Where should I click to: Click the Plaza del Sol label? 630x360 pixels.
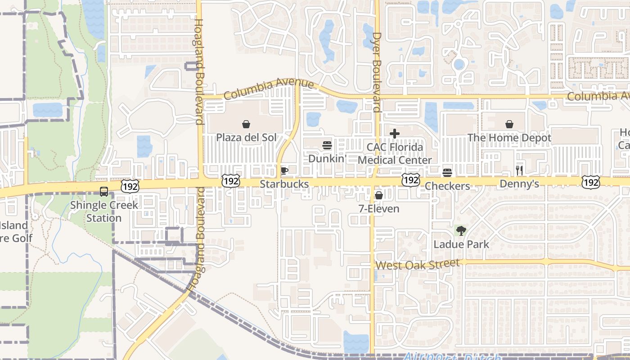[x=246, y=137]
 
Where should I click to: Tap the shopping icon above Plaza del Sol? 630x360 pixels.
[x=246, y=124]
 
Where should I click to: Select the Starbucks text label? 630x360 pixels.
[x=284, y=184]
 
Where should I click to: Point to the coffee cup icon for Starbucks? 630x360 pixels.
[x=284, y=171]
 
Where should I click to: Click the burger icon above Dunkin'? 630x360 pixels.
[x=327, y=145]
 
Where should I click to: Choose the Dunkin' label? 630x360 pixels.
[x=327, y=158]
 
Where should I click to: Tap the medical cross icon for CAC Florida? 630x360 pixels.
[x=395, y=134]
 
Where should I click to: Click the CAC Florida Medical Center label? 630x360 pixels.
[x=395, y=153]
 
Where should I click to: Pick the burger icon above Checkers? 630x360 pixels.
[x=447, y=173]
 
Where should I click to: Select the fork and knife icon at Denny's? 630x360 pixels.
[x=519, y=170]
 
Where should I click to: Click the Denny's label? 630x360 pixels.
[x=519, y=184]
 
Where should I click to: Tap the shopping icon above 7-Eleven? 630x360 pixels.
[x=379, y=195]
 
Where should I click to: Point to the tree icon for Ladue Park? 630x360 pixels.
[x=461, y=231]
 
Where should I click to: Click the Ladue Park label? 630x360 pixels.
[x=461, y=244]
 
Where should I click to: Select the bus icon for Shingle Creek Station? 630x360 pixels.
[x=104, y=192]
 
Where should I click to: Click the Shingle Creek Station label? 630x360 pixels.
[x=104, y=211]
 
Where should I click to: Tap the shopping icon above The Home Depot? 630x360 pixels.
[x=509, y=124]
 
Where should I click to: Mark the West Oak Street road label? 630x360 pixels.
[x=418, y=264]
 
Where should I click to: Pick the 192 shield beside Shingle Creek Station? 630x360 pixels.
[x=130, y=185]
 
